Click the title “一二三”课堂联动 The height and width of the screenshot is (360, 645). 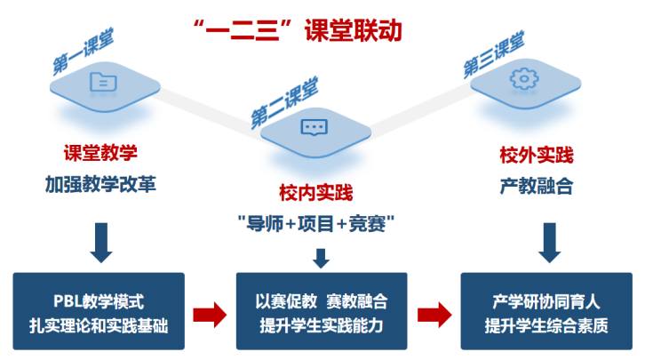click(x=298, y=29)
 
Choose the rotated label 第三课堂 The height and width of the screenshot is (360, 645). click(x=494, y=54)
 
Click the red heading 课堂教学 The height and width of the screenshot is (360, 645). click(x=100, y=153)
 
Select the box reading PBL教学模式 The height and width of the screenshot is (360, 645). click(x=100, y=311)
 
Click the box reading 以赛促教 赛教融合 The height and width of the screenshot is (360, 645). click(x=321, y=311)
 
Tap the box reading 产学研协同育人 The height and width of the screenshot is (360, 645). click(x=545, y=311)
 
